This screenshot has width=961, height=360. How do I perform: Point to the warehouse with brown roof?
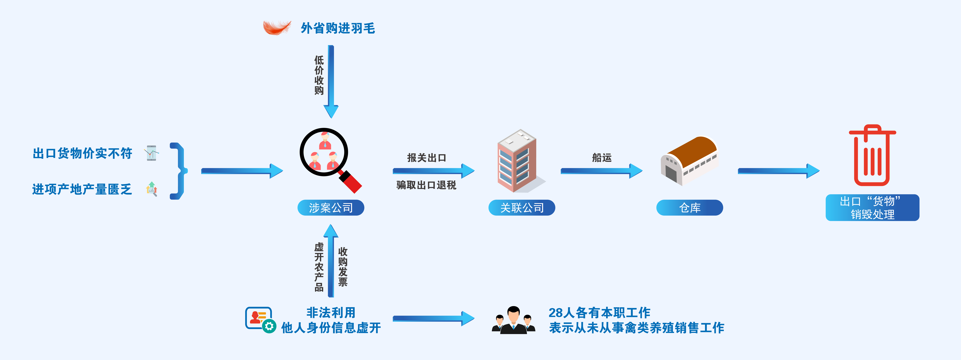click(x=689, y=160)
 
